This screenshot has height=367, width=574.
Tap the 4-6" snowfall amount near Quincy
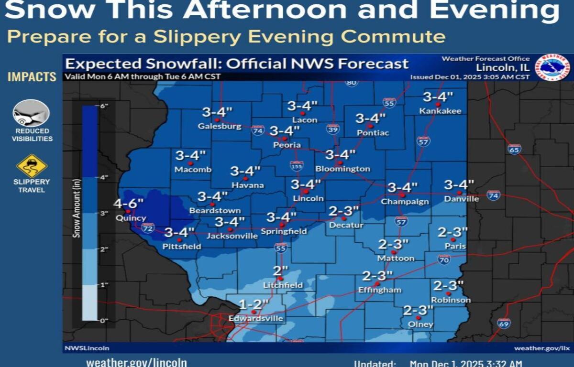click(128, 204)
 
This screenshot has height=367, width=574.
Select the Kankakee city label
click(441, 111)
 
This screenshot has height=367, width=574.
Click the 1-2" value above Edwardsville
click(254, 304)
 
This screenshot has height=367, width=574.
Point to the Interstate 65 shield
click(514, 149)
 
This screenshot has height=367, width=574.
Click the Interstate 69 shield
click(503, 324)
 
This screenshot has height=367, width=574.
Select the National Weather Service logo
click(552, 67)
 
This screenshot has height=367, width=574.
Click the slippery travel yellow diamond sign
click(32, 166)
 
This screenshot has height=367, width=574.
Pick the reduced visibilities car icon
click(31, 113)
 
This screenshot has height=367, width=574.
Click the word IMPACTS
click(32, 77)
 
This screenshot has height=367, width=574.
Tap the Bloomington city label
click(342, 169)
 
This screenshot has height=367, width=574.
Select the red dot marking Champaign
click(402, 194)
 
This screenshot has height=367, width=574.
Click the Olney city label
click(421, 324)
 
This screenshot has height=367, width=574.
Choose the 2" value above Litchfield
click(281, 271)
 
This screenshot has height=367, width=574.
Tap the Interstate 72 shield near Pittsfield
click(148, 228)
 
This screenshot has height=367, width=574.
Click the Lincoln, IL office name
click(503, 67)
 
